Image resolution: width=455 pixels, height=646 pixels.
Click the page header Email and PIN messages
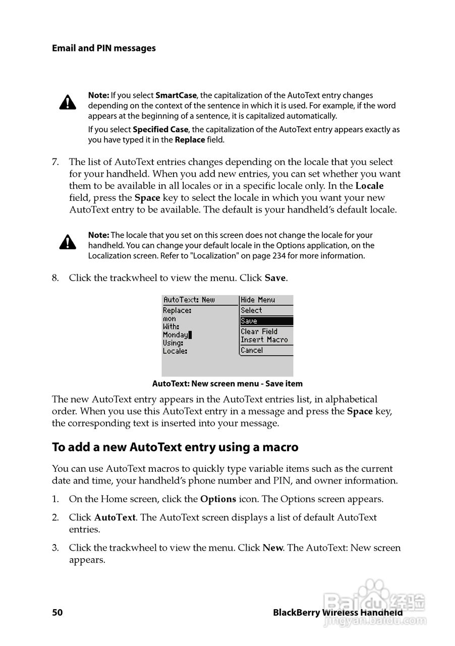[x=103, y=48]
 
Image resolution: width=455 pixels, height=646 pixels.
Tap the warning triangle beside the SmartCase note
[x=68, y=102]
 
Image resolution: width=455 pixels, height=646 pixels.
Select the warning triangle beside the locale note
[x=68, y=242]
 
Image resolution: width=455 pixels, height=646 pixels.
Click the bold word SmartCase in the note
[x=176, y=95]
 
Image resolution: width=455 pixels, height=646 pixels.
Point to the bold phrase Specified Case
[x=160, y=129]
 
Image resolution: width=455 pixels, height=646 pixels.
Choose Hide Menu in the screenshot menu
[x=258, y=300]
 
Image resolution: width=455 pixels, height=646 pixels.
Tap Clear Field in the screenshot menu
[x=259, y=332]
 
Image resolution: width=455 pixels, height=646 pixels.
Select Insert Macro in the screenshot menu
[x=264, y=340]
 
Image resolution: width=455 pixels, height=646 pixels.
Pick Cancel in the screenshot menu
[x=252, y=350]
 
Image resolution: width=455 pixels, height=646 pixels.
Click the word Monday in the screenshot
[x=176, y=335]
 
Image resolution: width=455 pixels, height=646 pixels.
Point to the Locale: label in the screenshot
[x=175, y=351]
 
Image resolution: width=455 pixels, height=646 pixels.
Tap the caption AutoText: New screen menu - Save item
[x=227, y=384]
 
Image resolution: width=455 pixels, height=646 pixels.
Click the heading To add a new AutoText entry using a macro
[x=175, y=447]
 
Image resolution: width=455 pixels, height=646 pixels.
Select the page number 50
[x=57, y=613]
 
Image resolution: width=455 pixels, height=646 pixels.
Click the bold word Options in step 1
[x=218, y=499]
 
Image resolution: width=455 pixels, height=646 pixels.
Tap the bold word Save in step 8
[x=275, y=278]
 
